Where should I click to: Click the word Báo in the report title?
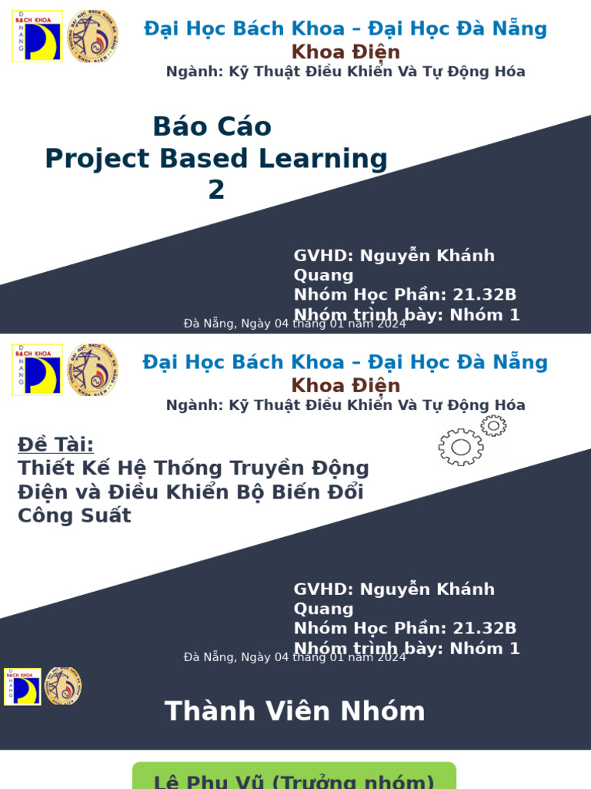[x=178, y=126]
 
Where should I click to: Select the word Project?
[x=97, y=159]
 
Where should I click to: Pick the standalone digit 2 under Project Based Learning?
[x=216, y=190]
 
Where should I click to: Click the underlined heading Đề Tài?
[x=55, y=445]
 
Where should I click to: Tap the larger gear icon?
[x=461, y=447]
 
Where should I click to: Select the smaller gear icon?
[x=493, y=425]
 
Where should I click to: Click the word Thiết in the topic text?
[x=46, y=468]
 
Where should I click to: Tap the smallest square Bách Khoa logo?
[x=22, y=687]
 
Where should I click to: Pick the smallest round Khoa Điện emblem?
[x=63, y=686]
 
